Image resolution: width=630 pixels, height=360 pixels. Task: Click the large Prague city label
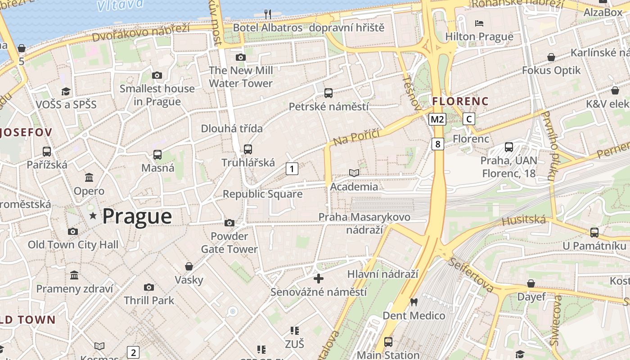[137, 216]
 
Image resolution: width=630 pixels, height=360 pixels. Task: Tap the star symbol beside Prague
[93, 216]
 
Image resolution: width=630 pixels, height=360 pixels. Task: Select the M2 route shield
[437, 119]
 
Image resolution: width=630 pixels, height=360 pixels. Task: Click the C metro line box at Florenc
[469, 119]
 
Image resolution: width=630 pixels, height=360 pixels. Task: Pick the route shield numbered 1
[292, 169]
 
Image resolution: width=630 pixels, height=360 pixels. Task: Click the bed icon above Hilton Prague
[479, 23]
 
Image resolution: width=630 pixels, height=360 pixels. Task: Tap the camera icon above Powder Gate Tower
[229, 223]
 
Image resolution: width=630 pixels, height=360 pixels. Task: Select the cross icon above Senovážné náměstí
[319, 279]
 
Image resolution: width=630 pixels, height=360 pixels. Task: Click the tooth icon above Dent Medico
[414, 302]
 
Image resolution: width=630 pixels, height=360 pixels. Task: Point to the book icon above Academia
[354, 173]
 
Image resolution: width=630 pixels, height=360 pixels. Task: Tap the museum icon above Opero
[89, 177]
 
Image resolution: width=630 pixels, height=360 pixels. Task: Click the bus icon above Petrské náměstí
[328, 93]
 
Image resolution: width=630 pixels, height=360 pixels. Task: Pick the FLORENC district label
[460, 102]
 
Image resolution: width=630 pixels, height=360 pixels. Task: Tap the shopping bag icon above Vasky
[189, 266]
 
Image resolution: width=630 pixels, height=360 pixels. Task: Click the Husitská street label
[524, 220]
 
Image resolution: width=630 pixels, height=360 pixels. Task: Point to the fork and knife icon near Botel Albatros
[268, 14]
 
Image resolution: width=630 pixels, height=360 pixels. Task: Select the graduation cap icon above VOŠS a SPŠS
[66, 91]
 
